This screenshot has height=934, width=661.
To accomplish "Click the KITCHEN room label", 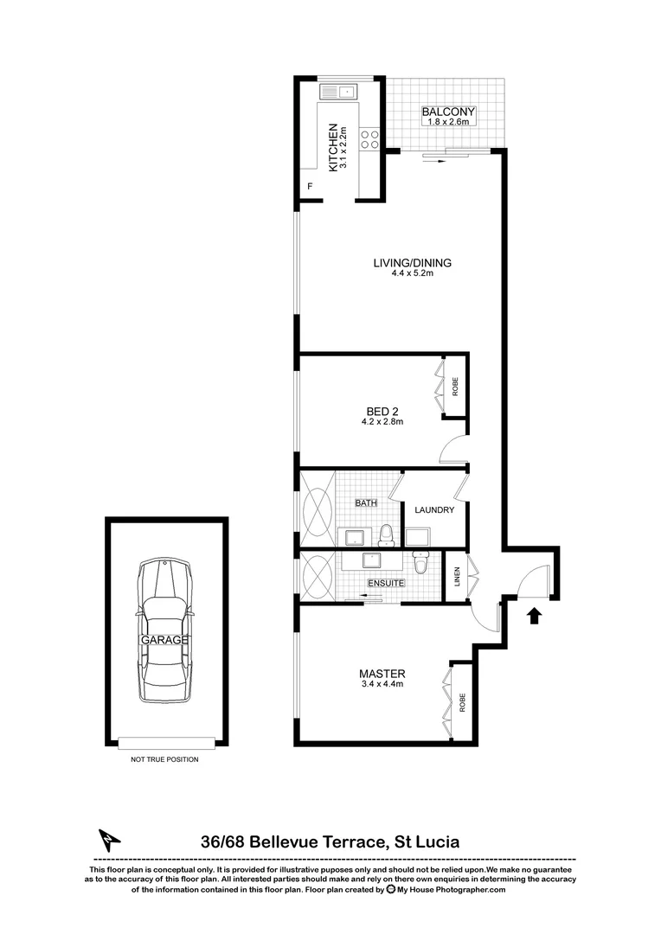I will pos(332,148).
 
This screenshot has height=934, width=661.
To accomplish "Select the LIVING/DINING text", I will pos(412,263).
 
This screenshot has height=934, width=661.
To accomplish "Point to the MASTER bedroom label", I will pos(382,674).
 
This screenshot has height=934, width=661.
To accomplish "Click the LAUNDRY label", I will pos(434,510).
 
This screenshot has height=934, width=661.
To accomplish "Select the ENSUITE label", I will pos(386,584).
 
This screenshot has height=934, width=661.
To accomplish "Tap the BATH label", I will pos(366,502).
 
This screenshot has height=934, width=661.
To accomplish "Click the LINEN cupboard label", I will pos(457,576).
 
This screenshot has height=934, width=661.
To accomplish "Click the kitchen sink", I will pos(337,90).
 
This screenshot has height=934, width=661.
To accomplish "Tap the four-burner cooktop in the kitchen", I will pos(369,139).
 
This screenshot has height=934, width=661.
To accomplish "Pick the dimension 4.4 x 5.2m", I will pos(412,274).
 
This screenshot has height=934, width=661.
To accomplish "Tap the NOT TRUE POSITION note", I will pos(164,759).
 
